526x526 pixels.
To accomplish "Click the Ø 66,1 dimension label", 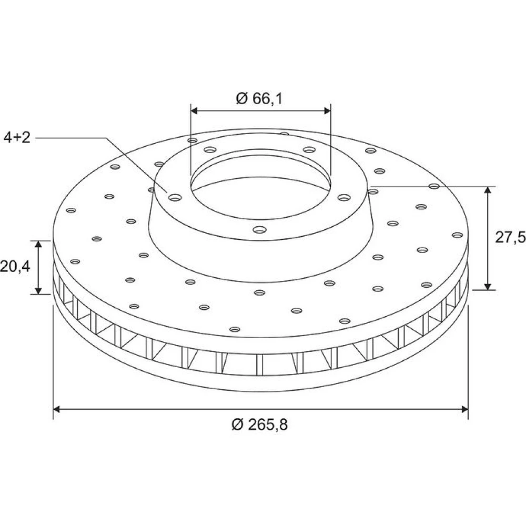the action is (x=259, y=98).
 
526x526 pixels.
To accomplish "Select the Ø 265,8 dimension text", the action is (x=260, y=424).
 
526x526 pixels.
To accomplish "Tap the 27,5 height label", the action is (x=510, y=238).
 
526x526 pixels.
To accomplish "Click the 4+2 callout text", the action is (x=17, y=137).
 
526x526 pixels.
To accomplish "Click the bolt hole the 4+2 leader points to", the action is (x=175, y=198).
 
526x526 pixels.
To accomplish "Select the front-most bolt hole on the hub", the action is (x=260, y=230).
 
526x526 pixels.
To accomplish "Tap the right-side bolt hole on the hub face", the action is (x=344, y=198).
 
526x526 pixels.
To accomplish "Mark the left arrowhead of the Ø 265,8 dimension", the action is (x=56, y=409).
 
